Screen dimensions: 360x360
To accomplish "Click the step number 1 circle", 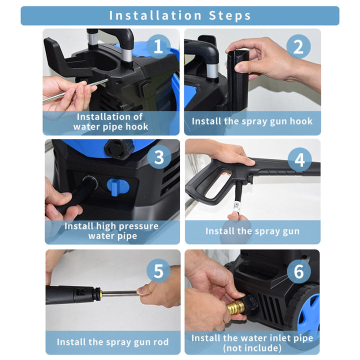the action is pos(158,46).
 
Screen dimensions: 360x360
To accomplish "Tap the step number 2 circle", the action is pos(298,46).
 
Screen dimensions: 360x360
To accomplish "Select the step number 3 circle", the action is pos(159,157).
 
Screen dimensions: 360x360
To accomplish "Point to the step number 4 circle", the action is pos(299,159).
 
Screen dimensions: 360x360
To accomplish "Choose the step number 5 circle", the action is pos(158,270).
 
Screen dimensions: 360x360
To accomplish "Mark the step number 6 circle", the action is pos(298,271).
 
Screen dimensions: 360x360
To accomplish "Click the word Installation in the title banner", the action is pos(155,15).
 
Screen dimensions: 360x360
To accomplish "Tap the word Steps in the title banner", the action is pos(229,16).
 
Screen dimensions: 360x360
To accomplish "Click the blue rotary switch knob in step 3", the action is pos(118,187).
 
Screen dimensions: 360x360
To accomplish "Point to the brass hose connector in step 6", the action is pos(235,307).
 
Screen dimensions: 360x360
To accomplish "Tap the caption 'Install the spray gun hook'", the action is pos(252,121).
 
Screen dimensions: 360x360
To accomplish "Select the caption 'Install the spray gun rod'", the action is pos(112,342).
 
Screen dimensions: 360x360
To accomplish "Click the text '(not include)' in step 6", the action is pos(252,348).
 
